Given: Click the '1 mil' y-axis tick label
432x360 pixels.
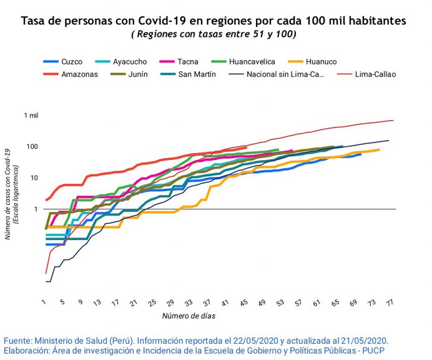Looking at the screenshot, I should pyautogui.click(x=31, y=116).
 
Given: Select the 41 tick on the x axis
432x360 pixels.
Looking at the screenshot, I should pyautogui.click(x=225, y=302).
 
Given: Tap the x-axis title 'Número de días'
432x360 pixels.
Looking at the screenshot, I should pyautogui.click(x=189, y=316).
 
